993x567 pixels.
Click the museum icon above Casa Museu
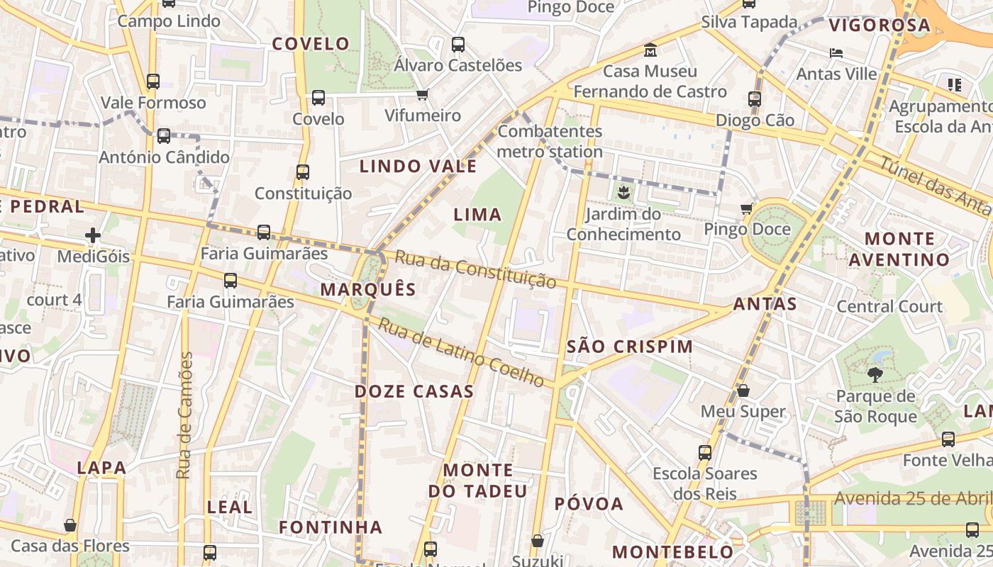tap(650, 50)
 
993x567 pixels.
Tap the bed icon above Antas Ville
tap(836, 53)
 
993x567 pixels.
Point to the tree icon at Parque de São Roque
tap(875, 375)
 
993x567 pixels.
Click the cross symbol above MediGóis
tap(93, 235)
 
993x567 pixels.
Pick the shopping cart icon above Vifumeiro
tap(423, 94)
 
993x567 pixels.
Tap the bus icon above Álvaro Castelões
tap(458, 45)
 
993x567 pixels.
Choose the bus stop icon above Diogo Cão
tap(755, 99)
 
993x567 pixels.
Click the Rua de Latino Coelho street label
tap(461, 352)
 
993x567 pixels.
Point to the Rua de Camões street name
tap(185, 415)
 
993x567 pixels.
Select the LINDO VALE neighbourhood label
tap(418, 167)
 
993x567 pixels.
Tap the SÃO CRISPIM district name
tap(630, 347)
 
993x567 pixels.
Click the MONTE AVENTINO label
tap(899, 249)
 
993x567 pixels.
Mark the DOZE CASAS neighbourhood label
tap(414, 391)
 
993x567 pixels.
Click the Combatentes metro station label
tap(550, 141)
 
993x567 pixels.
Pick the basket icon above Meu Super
tap(743, 391)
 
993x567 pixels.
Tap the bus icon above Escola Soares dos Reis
tap(704, 452)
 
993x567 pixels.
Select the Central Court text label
tap(889, 306)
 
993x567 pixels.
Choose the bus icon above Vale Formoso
tap(153, 82)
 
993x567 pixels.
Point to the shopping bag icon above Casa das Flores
tap(70, 525)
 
